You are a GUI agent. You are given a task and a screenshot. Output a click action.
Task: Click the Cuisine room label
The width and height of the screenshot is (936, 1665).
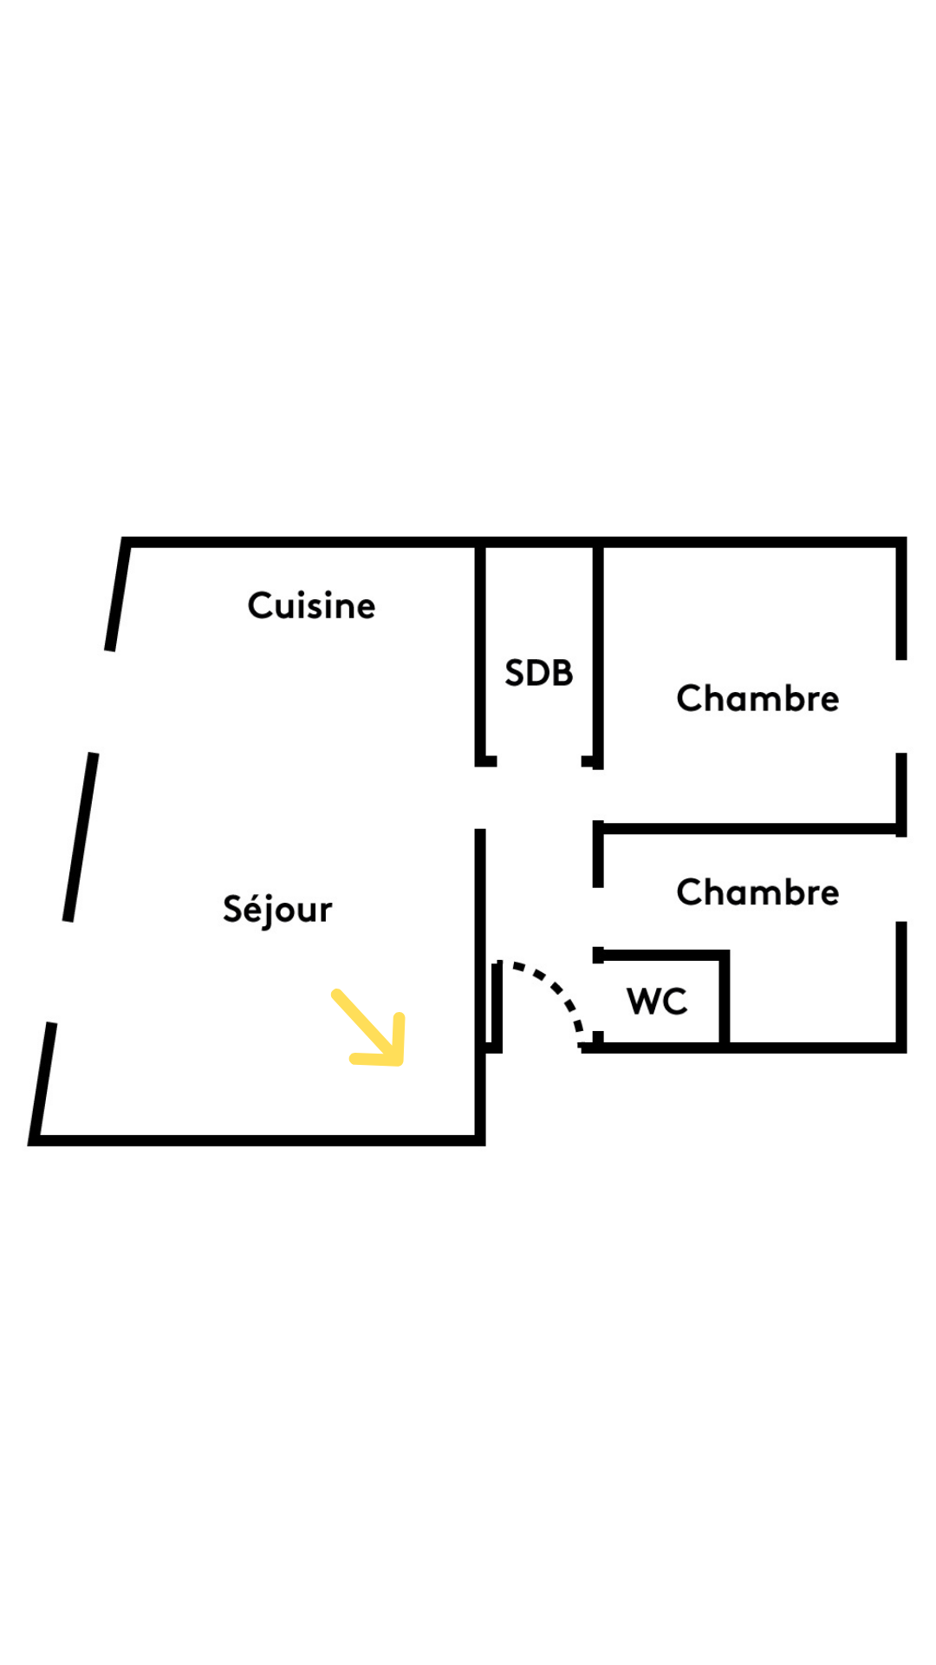pos(311,605)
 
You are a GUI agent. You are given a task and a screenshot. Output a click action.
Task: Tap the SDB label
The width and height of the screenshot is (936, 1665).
pos(539,673)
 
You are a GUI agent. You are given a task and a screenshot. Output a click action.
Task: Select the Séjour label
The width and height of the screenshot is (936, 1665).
pos(277,910)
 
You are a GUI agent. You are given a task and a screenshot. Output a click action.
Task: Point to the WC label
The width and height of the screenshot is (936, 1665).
pos(657,1002)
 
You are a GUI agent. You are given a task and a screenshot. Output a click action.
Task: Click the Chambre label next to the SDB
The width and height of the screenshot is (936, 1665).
pos(757,698)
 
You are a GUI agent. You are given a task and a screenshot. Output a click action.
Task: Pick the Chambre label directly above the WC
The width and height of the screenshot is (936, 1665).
pos(757,892)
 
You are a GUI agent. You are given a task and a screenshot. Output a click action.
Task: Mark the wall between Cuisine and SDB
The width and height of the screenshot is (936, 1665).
pos(480,652)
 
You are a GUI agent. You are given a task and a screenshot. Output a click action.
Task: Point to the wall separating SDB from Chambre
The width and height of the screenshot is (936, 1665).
pos(598,654)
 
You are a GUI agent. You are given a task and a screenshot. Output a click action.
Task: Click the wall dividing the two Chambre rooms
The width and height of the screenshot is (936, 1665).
pos(750,829)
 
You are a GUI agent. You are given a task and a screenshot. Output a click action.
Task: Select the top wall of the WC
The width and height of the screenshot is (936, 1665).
pos(661,956)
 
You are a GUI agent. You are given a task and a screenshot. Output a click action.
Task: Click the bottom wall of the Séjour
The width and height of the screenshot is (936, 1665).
pos(257,1140)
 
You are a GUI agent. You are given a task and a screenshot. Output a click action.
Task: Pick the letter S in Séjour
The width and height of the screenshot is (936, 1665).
pos(233,909)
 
